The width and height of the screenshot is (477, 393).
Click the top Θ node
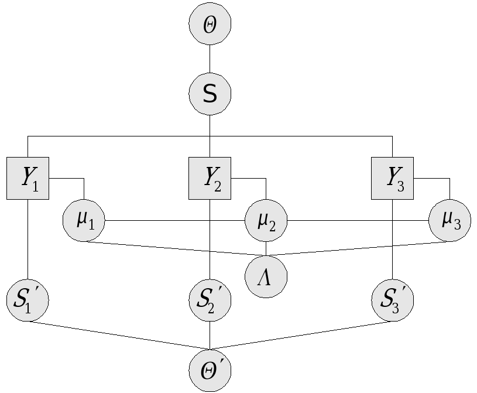point(210,24)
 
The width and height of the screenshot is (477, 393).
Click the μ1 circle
point(84,221)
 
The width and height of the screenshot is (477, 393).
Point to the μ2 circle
point(266,221)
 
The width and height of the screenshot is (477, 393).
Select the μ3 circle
point(449,221)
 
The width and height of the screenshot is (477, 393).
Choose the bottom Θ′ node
point(210,370)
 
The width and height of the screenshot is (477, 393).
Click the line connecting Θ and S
point(210,59)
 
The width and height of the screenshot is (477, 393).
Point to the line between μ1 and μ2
point(176,221)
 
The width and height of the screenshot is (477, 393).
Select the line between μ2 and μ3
point(357,221)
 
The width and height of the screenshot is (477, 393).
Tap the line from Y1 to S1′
point(28,240)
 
